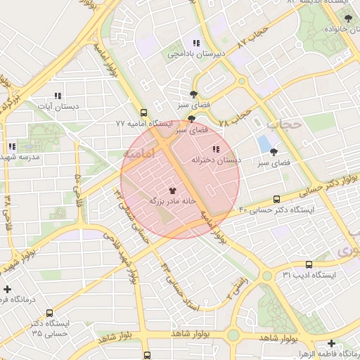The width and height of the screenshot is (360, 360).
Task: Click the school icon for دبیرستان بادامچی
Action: tap(196, 43)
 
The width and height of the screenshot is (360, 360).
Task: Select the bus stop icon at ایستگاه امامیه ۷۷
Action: tap(144, 112)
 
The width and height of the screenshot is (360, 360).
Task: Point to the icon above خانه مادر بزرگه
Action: tap(173, 190)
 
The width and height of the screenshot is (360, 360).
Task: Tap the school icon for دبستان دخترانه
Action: tap(215, 149)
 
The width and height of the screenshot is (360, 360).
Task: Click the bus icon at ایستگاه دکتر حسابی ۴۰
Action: tap(276, 199)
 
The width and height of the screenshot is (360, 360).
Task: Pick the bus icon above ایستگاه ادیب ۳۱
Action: tap(309, 264)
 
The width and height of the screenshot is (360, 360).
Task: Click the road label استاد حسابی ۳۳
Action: tap(181, 288)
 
